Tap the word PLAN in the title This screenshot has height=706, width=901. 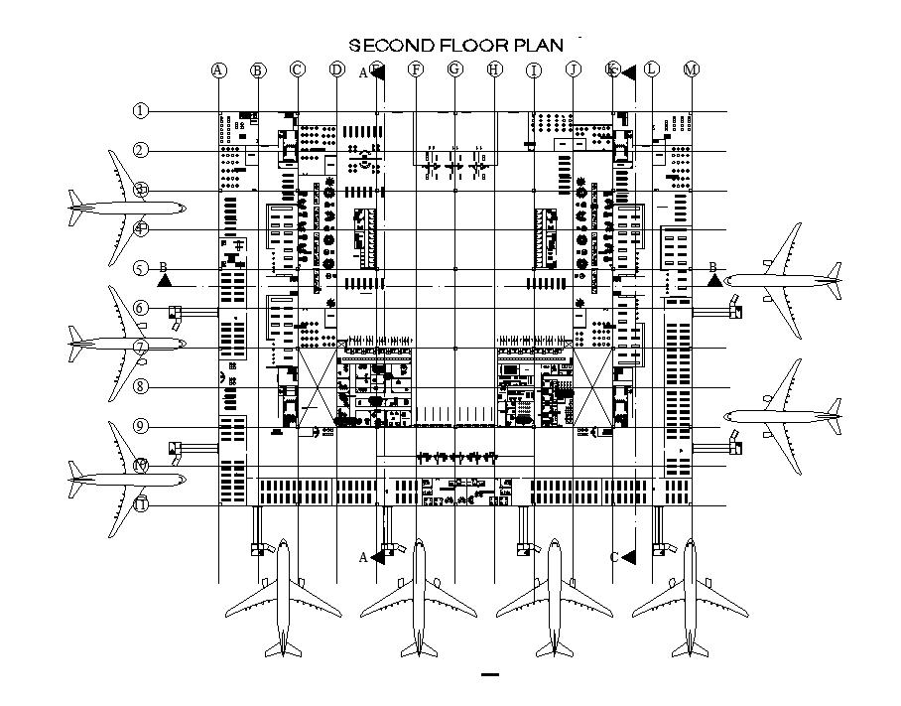(x=537, y=45)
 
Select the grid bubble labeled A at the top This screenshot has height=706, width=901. (x=218, y=70)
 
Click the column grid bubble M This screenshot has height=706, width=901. (x=692, y=70)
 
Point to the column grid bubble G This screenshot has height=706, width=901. (x=454, y=70)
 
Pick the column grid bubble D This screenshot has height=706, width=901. (x=336, y=70)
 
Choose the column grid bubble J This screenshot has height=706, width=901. (x=573, y=70)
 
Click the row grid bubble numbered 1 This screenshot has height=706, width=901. (x=141, y=110)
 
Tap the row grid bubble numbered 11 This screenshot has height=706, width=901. (x=141, y=504)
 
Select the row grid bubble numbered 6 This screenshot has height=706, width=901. (x=141, y=308)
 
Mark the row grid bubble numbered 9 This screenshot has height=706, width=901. (x=141, y=426)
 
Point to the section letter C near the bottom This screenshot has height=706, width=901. (x=614, y=557)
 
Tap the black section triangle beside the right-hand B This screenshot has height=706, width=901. (x=714, y=281)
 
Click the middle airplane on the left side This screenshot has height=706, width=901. (x=126, y=344)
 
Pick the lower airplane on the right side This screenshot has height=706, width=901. (x=785, y=416)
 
